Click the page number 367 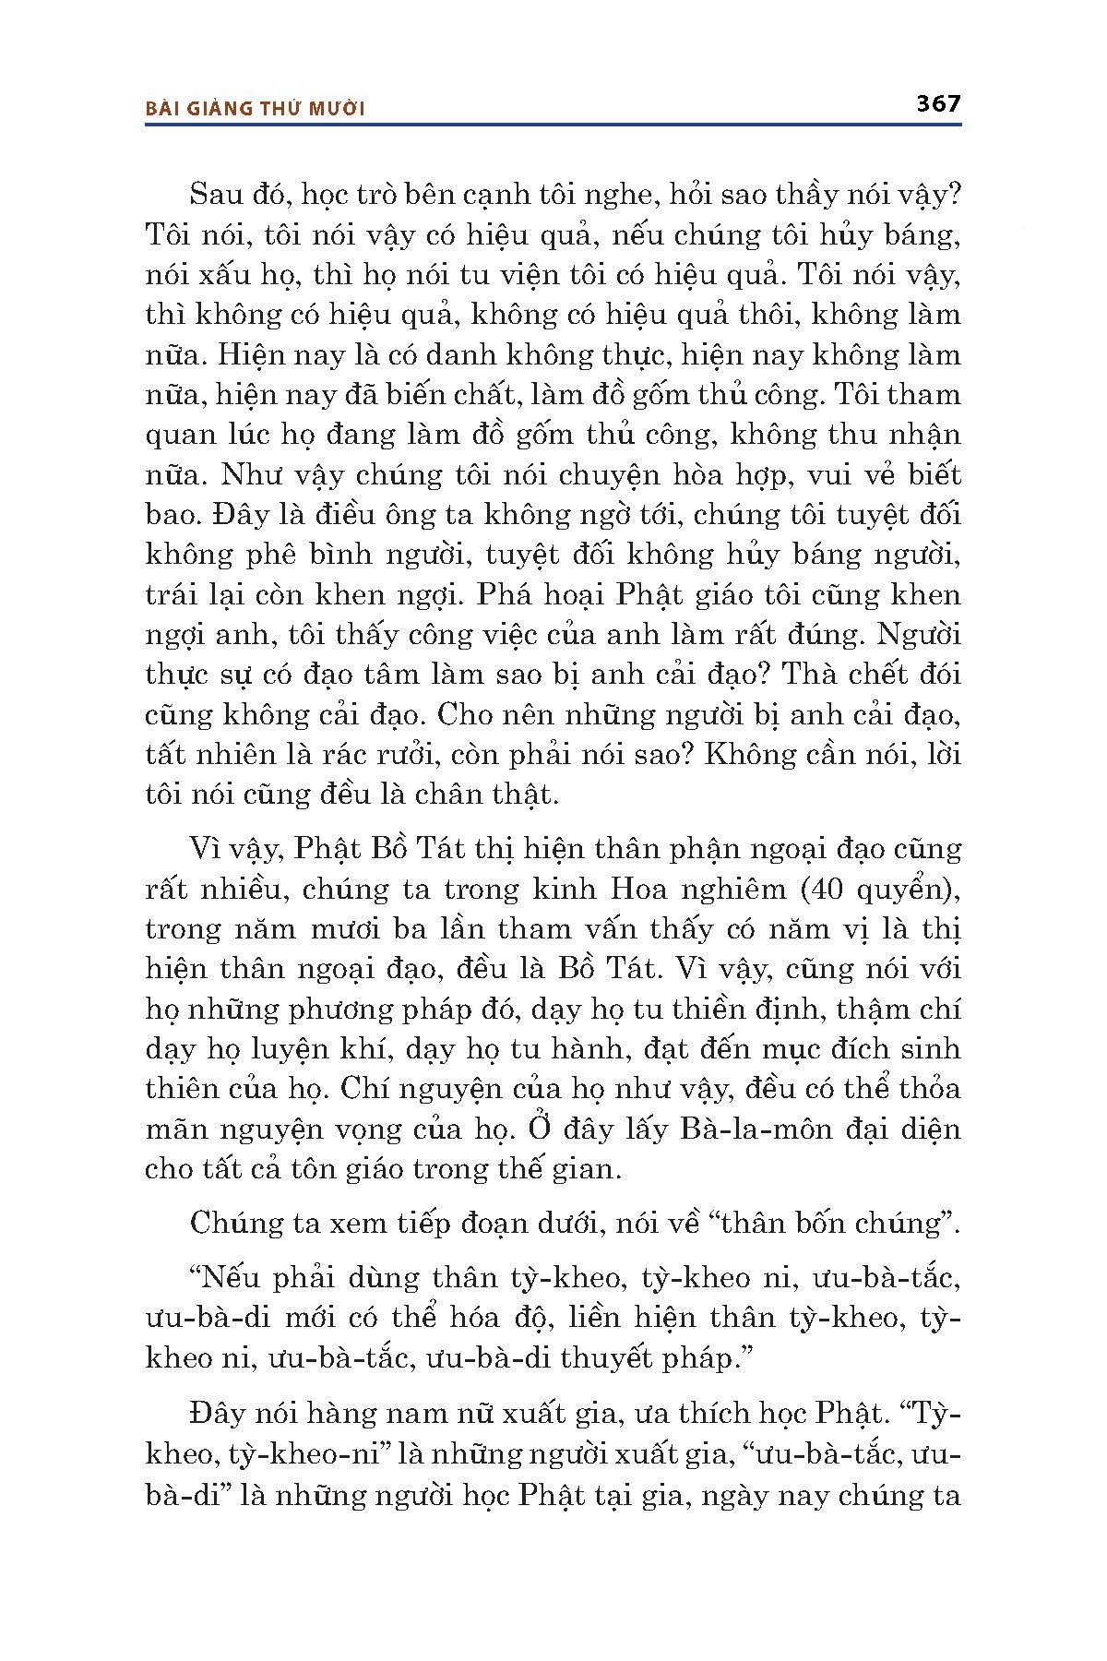click(938, 103)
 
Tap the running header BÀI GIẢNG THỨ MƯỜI click(256, 109)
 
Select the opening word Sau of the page click(214, 196)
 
